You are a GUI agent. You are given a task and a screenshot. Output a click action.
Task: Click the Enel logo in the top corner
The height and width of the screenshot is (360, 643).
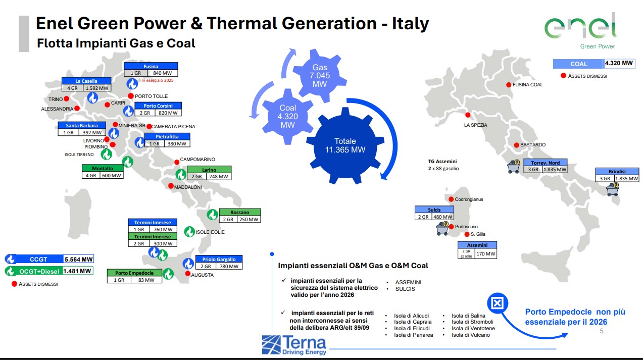pos(580,31)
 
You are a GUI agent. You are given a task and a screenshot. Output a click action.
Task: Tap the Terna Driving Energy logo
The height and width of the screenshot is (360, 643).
pos(294,345)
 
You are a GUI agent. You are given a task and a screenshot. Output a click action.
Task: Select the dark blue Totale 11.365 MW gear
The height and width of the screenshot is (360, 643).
pos(345,145)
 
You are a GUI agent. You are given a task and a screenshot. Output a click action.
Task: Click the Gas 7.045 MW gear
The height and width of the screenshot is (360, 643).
pos(320,76)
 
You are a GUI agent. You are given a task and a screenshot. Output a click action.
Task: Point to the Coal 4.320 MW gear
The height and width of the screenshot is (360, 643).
pos(287,117)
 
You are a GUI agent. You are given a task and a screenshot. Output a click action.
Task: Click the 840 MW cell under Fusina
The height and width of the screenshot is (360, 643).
pos(162,73)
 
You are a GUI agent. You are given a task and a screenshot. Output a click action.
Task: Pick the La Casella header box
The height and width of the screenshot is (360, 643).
pos(86,81)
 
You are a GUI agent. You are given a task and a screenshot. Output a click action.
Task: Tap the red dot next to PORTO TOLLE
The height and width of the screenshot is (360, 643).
pos(131,96)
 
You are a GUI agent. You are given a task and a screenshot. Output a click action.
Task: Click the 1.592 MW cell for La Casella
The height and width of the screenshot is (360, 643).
pos(97,88)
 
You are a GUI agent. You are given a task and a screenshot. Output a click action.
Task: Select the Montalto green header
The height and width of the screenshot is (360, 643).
pos(103,168)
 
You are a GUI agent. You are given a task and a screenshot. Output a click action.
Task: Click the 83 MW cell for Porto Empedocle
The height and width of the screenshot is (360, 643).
pos(146,280)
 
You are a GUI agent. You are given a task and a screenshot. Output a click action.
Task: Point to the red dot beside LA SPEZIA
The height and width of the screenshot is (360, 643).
pos(468,115)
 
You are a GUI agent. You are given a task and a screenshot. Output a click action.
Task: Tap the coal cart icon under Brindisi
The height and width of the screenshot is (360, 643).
pos(613,189)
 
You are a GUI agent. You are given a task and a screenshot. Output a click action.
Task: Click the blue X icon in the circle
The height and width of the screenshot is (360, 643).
pos(498,303)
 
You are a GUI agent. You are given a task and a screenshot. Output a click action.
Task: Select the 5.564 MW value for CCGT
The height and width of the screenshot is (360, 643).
pos(78,260)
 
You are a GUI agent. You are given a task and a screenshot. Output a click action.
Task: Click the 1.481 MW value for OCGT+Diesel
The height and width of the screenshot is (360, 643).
pos(77,271)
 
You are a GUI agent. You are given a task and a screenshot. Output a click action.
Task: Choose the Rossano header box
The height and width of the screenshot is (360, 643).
pos(240,212)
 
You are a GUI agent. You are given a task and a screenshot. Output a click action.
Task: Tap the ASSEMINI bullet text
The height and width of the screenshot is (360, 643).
pos(408,282)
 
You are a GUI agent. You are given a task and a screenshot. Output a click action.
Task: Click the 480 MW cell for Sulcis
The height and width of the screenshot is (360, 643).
pos(442,217)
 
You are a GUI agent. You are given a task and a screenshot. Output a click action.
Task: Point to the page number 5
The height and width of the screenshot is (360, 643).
pos(602,331)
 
